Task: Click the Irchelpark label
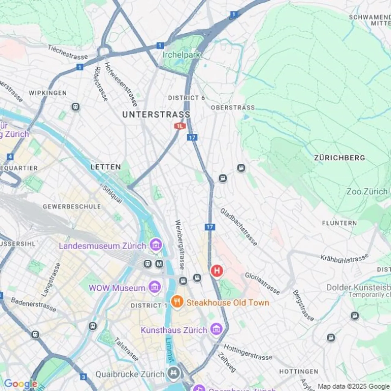181,55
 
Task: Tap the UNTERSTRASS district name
156,115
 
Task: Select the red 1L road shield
180,126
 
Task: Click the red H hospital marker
217,271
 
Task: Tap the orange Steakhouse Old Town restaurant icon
177,302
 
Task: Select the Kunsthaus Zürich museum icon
217,329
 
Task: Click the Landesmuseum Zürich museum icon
156,245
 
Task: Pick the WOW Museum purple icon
155,287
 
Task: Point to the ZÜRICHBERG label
339,158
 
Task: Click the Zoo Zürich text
367,192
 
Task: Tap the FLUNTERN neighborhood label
339,223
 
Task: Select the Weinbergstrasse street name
179,244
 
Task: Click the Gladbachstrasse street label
238,227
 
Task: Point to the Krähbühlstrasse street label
344,258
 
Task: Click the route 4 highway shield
10,157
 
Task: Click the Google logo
21,384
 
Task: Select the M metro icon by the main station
159,264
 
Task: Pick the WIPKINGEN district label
48,93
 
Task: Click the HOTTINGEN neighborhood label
299,371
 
